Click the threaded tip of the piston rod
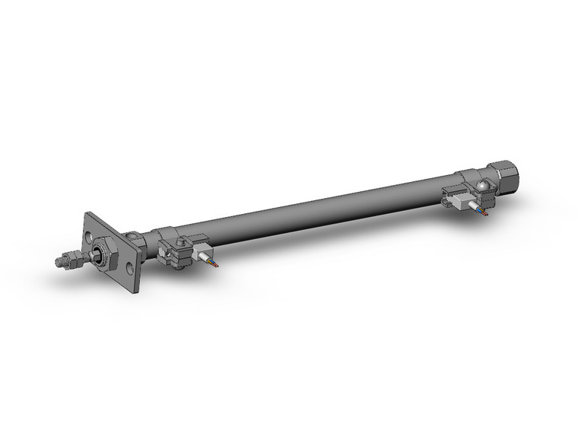[x=60, y=262]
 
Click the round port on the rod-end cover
[x=135, y=237]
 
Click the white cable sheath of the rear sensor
[x=477, y=208]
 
